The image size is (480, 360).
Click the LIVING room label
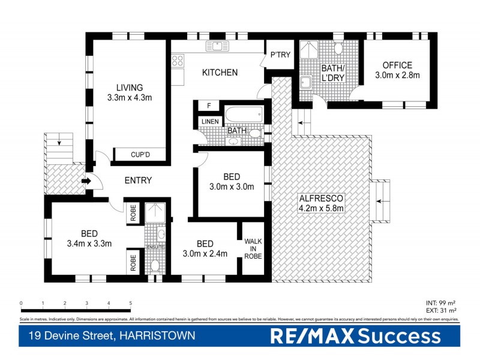tap(130, 87)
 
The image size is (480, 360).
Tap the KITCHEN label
tap(220, 73)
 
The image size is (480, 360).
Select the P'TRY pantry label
tap(280, 55)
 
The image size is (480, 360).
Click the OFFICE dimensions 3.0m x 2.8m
tap(397, 76)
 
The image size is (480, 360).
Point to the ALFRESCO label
tap(320, 197)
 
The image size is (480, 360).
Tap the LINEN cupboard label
tap(209, 122)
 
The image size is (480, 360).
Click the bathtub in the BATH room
tap(244, 113)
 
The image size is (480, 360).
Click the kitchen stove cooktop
tap(178, 60)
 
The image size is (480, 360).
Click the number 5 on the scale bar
tap(130, 303)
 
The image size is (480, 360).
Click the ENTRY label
tap(137, 181)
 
